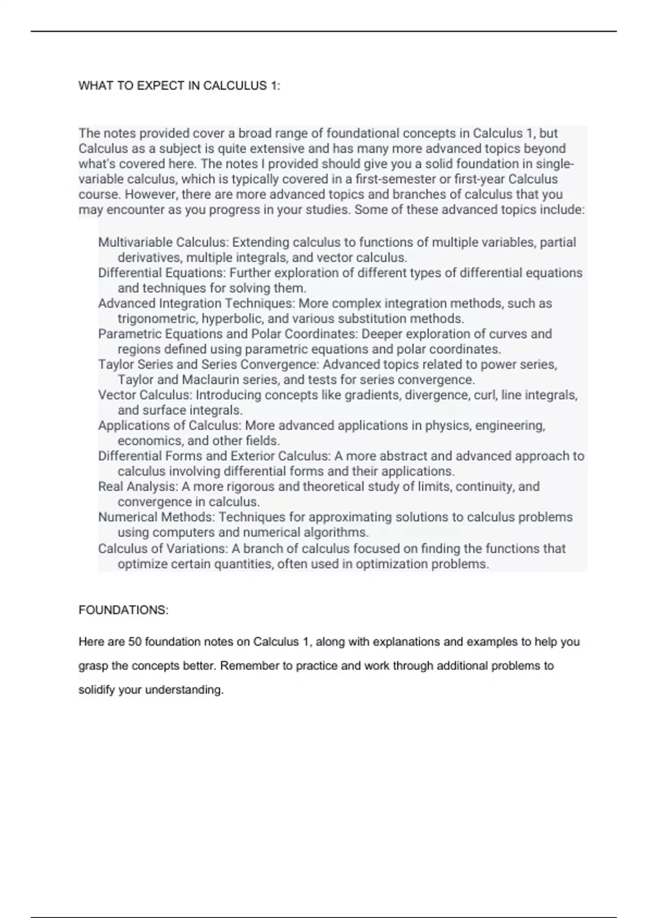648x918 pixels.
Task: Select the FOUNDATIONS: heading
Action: (x=123, y=610)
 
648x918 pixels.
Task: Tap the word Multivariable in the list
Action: (x=135, y=242)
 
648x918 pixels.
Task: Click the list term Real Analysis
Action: (x=137, y=487)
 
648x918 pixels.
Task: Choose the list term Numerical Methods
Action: (x=156, y=517)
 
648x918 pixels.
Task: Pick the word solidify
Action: (x=97, y=690)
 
